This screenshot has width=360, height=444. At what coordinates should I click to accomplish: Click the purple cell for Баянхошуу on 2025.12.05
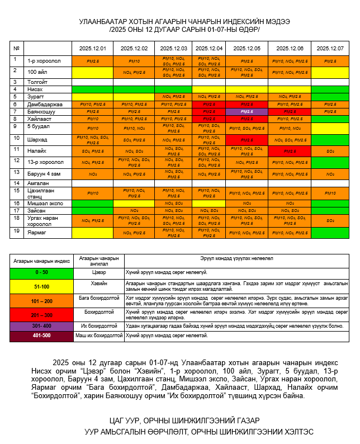(247, 111)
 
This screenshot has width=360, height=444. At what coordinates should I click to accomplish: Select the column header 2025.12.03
(173, 49)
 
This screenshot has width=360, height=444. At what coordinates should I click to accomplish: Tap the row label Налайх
(37, 150)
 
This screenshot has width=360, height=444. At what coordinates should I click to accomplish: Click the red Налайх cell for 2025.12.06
(290, 151)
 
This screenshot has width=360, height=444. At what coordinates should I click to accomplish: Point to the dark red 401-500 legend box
(42, 336)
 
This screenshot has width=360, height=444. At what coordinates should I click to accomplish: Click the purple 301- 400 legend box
(42, 325)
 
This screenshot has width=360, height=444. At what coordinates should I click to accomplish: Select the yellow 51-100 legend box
(42, 286)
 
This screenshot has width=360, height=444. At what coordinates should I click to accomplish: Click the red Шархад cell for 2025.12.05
(247, 140)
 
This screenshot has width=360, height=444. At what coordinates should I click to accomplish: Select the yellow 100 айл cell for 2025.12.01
(92, 72)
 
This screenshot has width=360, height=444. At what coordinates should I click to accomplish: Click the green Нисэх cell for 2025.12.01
(92, 89)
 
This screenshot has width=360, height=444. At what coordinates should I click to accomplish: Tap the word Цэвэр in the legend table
(98, 272)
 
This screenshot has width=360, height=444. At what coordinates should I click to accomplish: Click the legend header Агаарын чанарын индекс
(42, 261)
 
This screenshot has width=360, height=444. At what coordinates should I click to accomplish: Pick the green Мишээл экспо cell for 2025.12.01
(92, 203)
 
